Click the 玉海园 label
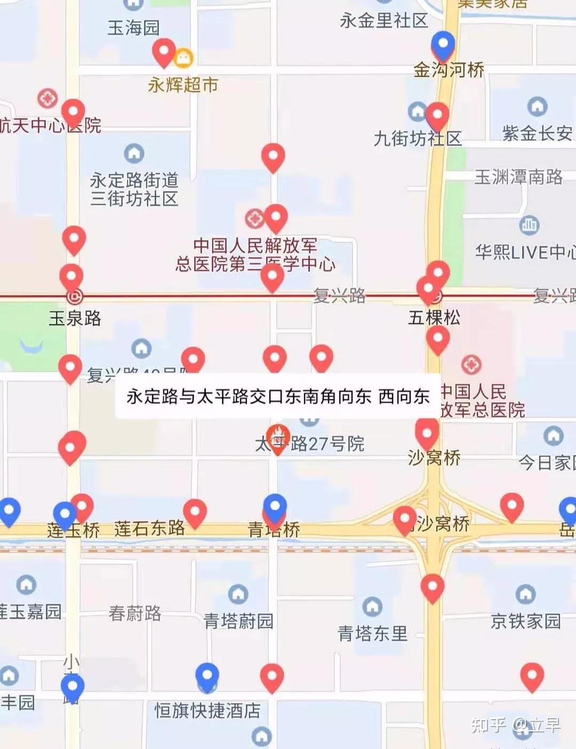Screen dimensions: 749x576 133,28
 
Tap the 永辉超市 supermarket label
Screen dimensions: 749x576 183,85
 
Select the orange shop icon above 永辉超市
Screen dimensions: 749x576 183,58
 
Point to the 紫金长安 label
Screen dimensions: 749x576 537,133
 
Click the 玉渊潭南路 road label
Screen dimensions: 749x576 518,177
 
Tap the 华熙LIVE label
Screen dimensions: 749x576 525,252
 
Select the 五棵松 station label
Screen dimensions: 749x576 434,318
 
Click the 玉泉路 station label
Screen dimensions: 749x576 75,318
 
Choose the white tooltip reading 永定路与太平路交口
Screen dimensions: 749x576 278,396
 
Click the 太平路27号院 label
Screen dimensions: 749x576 309,444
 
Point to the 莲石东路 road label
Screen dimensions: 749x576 149,528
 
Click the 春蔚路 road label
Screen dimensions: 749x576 135,613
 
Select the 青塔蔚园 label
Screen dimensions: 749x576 238,621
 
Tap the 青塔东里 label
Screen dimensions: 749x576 372,634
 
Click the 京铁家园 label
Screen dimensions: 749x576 525,621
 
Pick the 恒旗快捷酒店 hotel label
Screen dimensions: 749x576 207,711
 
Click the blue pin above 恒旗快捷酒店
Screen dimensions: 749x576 207,676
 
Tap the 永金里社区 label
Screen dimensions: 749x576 384,21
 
